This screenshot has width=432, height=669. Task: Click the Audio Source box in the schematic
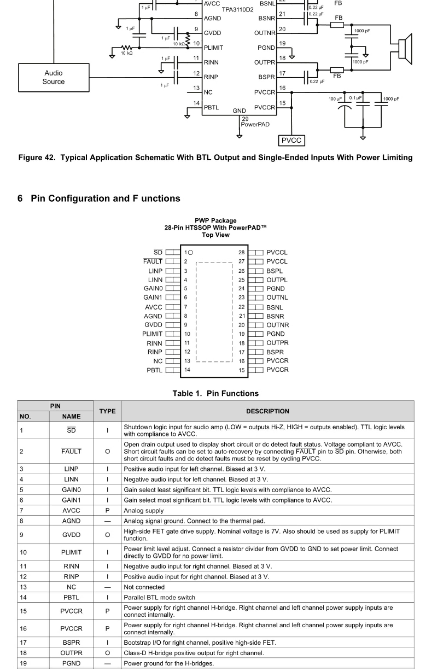pos(54,77)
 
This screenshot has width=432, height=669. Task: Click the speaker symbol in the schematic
pos(405,49)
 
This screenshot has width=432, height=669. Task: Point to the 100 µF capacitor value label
pos(335,99)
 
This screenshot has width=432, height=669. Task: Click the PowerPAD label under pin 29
pos(255,125)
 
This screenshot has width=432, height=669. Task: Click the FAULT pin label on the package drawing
pos(153,262)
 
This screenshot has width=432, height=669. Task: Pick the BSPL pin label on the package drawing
pos(274,271)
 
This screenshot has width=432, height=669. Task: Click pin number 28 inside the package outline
pos(241,252)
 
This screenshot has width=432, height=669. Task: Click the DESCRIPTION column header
pos(267,411)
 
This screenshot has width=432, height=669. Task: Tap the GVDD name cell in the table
pos(71,535)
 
